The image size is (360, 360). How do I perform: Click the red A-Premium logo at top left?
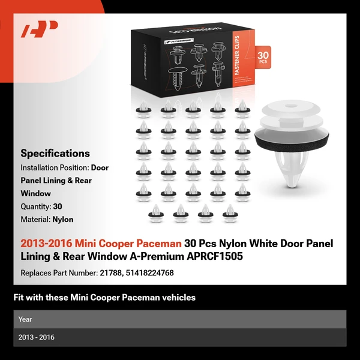click(x=40, y=29)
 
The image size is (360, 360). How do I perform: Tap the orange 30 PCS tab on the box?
click(x=263, y=57)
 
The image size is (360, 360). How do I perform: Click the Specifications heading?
click(x=55, y=154)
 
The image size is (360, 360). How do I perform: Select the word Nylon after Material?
click(x=63, y=220)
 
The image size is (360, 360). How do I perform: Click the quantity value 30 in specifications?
click(x=58, y=206)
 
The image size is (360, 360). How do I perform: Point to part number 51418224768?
click(x=149, y=273)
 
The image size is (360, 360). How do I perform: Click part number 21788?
click(x=111, y=273)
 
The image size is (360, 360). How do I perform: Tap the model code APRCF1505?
click(x=215, y=256)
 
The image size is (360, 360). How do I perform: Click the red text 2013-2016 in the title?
click(x=46, y=244)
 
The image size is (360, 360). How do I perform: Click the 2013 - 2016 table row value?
click(x=36, y=337)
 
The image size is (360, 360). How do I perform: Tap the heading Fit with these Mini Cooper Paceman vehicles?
click(x=104, y=298)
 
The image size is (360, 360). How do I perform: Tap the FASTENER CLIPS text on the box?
click(x=237, y=56)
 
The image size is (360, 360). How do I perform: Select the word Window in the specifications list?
click(x=35, y=193)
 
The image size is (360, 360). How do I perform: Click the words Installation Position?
click(x=55, y=167)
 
